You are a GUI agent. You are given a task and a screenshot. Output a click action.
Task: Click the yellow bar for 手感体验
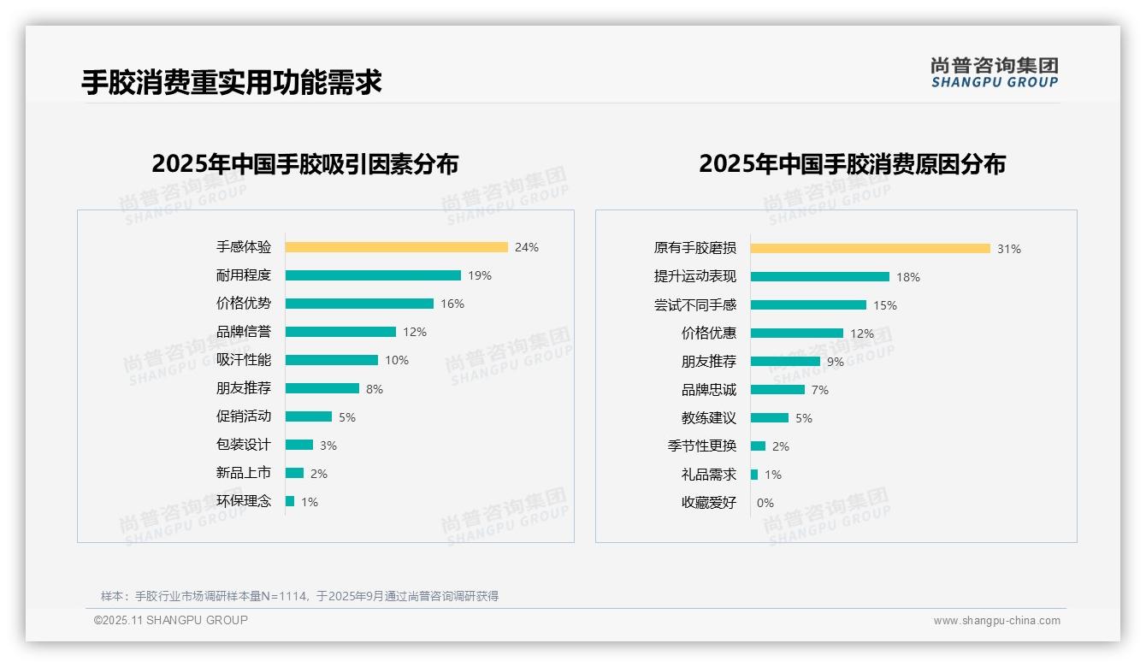point(396,247)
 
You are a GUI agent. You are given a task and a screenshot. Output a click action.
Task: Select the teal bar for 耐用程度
point(373,275)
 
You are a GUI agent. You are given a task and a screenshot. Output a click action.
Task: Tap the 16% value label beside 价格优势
point(452,304)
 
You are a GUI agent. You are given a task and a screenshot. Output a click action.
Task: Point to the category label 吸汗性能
point(244,360)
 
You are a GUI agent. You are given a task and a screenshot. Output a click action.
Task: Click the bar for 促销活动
point(309,416)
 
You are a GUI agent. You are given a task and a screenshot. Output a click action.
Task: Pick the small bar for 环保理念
point(290,501)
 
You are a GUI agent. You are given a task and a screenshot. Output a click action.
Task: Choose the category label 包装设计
point(244,445)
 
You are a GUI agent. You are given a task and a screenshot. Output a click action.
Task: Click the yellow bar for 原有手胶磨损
point(870,249)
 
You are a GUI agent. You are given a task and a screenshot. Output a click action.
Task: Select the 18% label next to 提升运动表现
point(908,277)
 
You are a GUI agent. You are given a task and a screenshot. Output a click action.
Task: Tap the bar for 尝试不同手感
point(808,305)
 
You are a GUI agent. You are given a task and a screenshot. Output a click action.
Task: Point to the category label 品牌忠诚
point(709,390)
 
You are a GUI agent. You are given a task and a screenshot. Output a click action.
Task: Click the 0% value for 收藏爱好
point(765,503)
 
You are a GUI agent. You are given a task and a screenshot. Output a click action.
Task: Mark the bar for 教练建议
point(770,418)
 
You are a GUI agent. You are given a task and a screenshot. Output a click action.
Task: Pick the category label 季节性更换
point(702,446)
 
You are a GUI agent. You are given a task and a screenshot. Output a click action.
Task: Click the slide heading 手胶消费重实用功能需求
point(232,82)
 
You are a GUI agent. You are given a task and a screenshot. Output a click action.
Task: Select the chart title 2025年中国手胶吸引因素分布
point(305,164)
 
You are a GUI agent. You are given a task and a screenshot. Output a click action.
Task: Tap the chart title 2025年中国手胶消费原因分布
point(852,164)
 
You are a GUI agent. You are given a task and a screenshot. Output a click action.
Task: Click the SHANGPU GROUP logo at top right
point(995,73)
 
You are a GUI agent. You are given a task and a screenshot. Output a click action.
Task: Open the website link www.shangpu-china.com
point(996,621)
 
